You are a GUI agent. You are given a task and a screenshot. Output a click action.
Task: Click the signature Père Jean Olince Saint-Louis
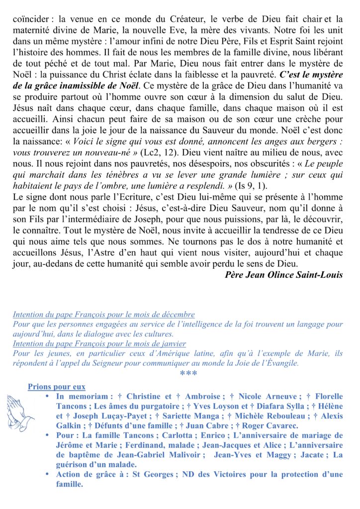[x=284, y=274]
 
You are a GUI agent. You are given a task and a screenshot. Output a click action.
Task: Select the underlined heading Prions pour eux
[x=56, y=387]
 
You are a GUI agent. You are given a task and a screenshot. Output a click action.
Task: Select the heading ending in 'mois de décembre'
[x=103, y=315]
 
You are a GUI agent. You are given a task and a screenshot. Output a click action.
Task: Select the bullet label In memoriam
[x=82, y=397]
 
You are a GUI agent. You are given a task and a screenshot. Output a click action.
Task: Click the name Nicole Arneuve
[x=268, y=397]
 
